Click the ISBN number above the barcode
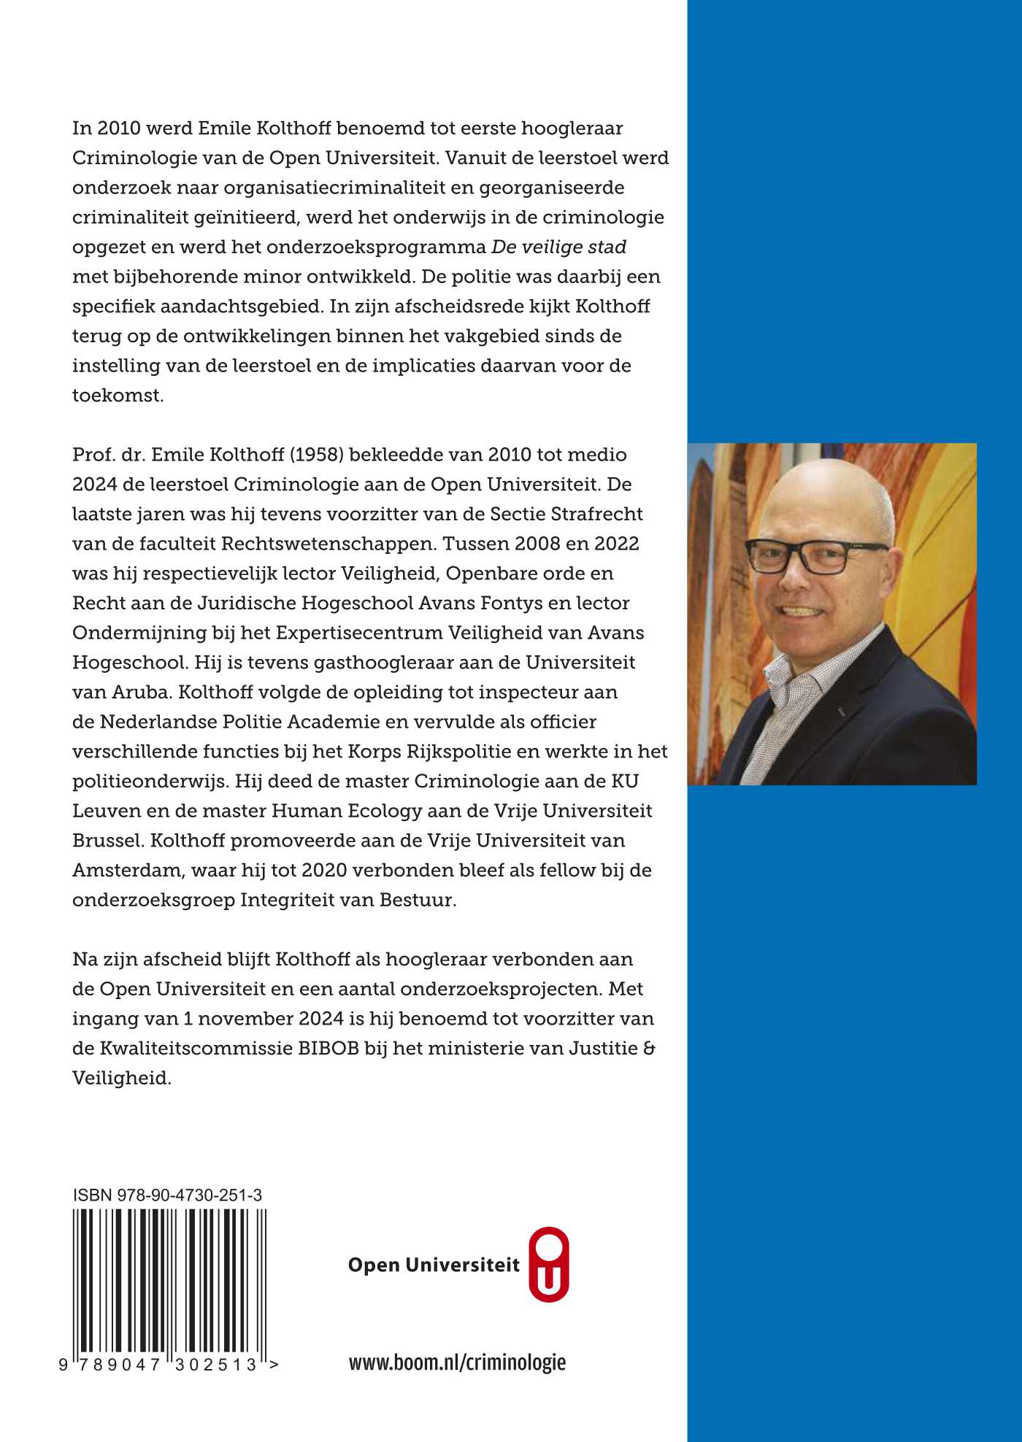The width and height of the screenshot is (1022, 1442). click(168, 1195)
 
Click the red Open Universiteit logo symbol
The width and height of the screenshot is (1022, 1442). click(548, 1265)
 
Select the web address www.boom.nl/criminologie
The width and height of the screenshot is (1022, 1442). click(457, 1362)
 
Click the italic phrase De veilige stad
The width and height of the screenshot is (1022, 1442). click(558, 247)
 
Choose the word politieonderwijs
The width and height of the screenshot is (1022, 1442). click(150, 781)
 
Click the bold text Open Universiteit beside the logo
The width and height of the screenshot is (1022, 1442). click(434, 1265)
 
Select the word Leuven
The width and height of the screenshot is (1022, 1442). click(107, 811)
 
